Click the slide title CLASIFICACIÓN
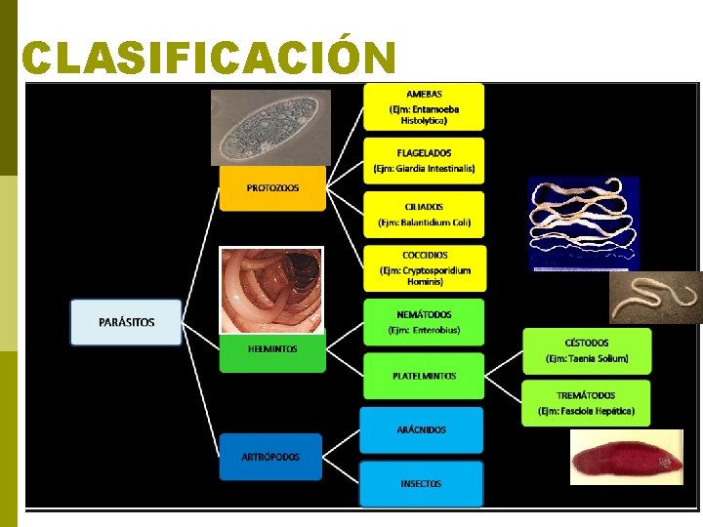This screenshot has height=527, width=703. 208,58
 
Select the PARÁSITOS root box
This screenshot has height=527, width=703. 126,322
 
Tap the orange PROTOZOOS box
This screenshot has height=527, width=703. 272,187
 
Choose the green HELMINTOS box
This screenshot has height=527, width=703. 272,349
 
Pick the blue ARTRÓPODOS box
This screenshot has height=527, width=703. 270,457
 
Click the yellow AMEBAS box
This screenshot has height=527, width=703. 424,106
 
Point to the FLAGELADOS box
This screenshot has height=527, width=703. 424,160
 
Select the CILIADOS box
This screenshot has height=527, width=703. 424,215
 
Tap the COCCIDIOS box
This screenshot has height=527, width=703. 424,268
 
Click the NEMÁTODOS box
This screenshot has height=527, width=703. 424,322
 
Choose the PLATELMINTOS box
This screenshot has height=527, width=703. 424,376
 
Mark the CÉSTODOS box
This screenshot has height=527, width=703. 587,350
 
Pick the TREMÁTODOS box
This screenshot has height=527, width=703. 587,403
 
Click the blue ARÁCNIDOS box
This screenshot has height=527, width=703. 421,429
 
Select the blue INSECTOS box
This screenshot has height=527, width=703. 421,484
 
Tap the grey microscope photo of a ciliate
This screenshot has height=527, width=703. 271,127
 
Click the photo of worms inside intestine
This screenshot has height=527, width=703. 271,290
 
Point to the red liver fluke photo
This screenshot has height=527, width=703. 626,458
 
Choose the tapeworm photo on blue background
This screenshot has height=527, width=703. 583,223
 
